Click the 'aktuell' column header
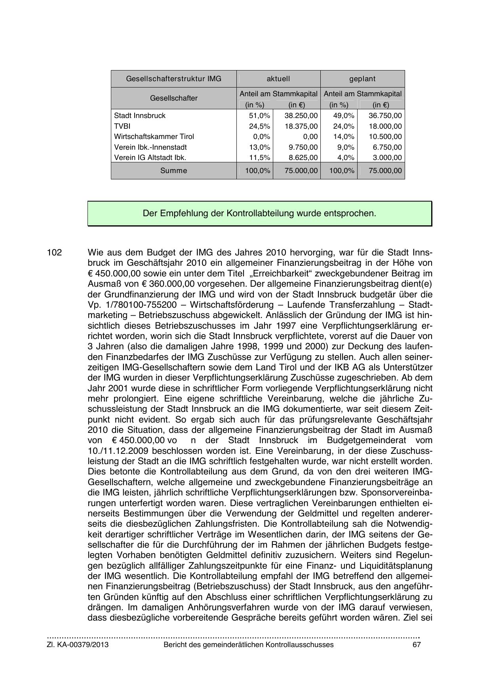tap(278, 79)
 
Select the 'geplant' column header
tap(362, 79)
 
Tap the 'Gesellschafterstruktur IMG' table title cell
tap(173, 79)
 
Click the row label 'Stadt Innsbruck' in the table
tap(140, 116)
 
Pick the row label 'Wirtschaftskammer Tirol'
tap(154, 137)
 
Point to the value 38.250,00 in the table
tap(301, 116)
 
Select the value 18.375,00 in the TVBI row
tap(301, 126)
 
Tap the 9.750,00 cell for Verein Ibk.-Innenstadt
tap(303, 147)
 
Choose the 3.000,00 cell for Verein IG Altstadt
tap(388, 158)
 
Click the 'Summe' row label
tap(173, 171)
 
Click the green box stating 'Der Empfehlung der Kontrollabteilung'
tap(259, 213)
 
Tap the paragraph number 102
tap(54, 253)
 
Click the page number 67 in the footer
tap(416, 645)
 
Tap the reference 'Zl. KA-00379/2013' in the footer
tap(78, 645)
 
